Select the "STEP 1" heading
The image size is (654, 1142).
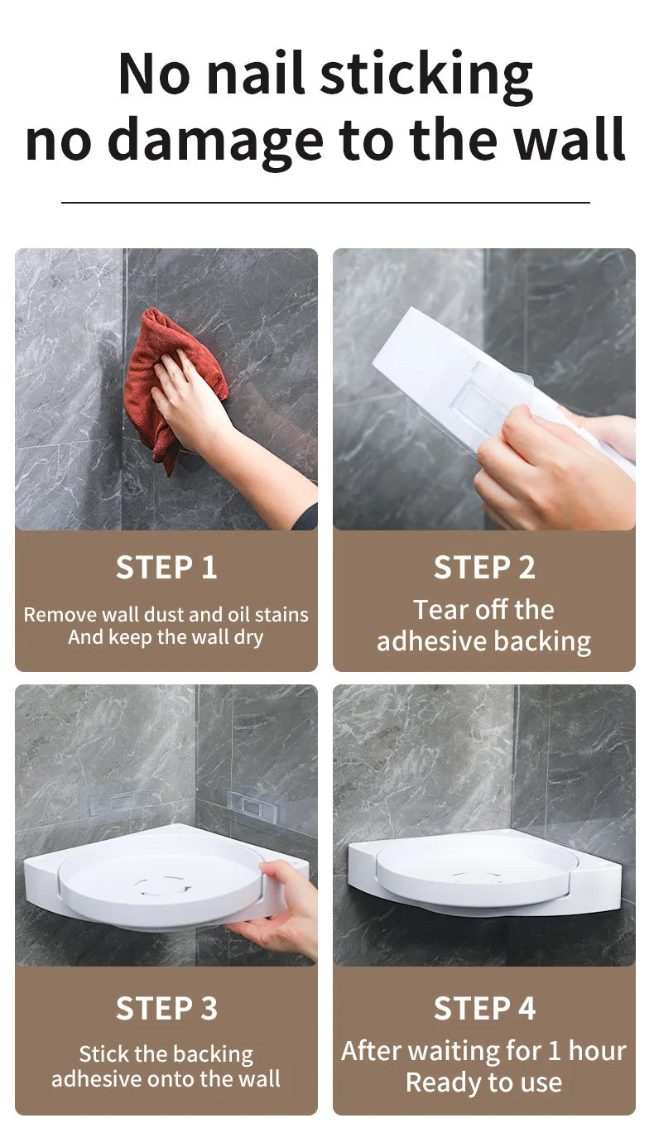point(166,568)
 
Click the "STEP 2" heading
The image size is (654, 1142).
point(484,568)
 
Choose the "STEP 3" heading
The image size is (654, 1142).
point(166,1009)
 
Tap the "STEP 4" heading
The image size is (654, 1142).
point(484,1009)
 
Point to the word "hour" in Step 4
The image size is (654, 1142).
point(596,1051)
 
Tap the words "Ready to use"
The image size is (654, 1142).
point(484,1082)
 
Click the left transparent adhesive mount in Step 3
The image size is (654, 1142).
point(116,801)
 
